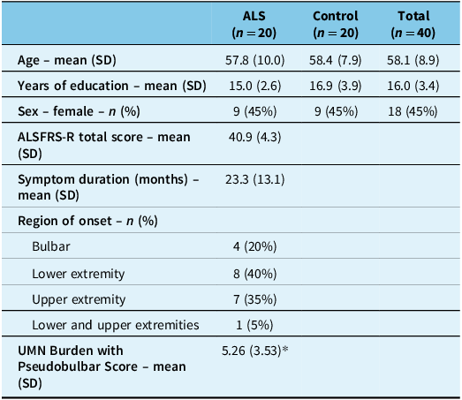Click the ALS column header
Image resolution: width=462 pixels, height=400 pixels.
261,25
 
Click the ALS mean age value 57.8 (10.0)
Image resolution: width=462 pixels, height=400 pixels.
261,61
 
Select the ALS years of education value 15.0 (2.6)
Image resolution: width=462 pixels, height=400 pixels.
261,86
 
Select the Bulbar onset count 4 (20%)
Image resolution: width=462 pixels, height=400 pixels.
261,249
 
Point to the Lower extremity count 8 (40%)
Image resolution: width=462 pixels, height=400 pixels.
261,274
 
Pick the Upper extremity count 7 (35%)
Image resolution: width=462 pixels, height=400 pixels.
261,299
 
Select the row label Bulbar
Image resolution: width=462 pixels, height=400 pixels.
49,249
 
